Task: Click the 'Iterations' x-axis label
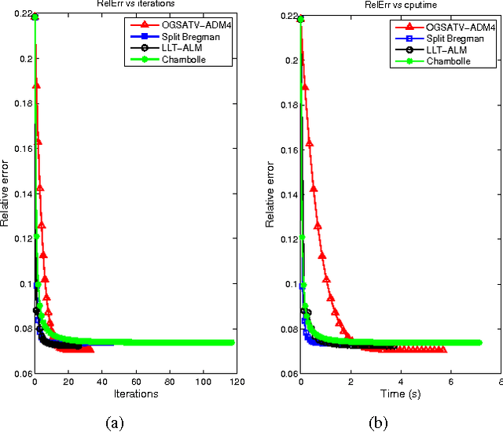click(x=135, y=393)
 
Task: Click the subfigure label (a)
click(x=115, y=423)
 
